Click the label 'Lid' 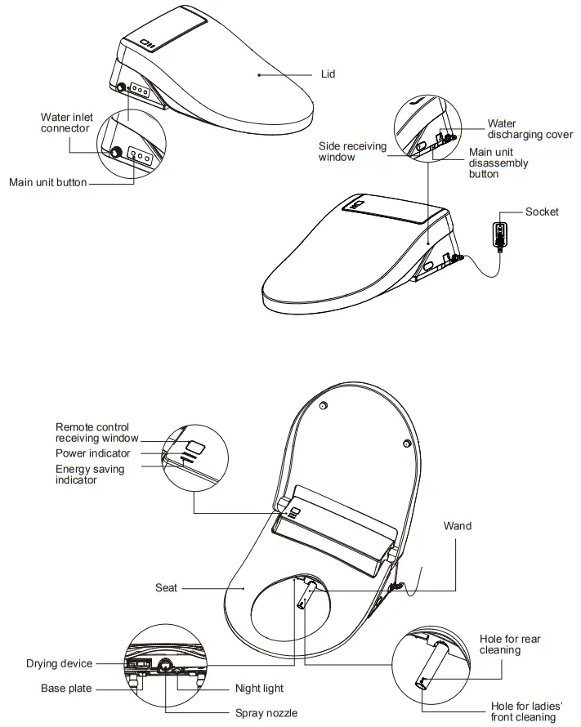coord(328,74)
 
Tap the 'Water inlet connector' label coord(66,123)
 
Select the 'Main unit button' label coord(47,182)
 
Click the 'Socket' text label coord(542,212)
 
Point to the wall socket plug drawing coord(498,232)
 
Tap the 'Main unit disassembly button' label coord(498,163)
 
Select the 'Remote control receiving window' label coord(97,432)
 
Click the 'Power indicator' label coord(92,453)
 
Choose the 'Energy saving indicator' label coord(90,475)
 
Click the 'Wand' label coord(457,526)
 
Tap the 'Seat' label coord(166,587)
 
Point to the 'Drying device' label coord(59,664)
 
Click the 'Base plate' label coord(66,689)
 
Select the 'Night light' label coord(259,689)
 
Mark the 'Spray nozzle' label coord(266,713)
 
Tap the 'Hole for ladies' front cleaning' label coord(527,711)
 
